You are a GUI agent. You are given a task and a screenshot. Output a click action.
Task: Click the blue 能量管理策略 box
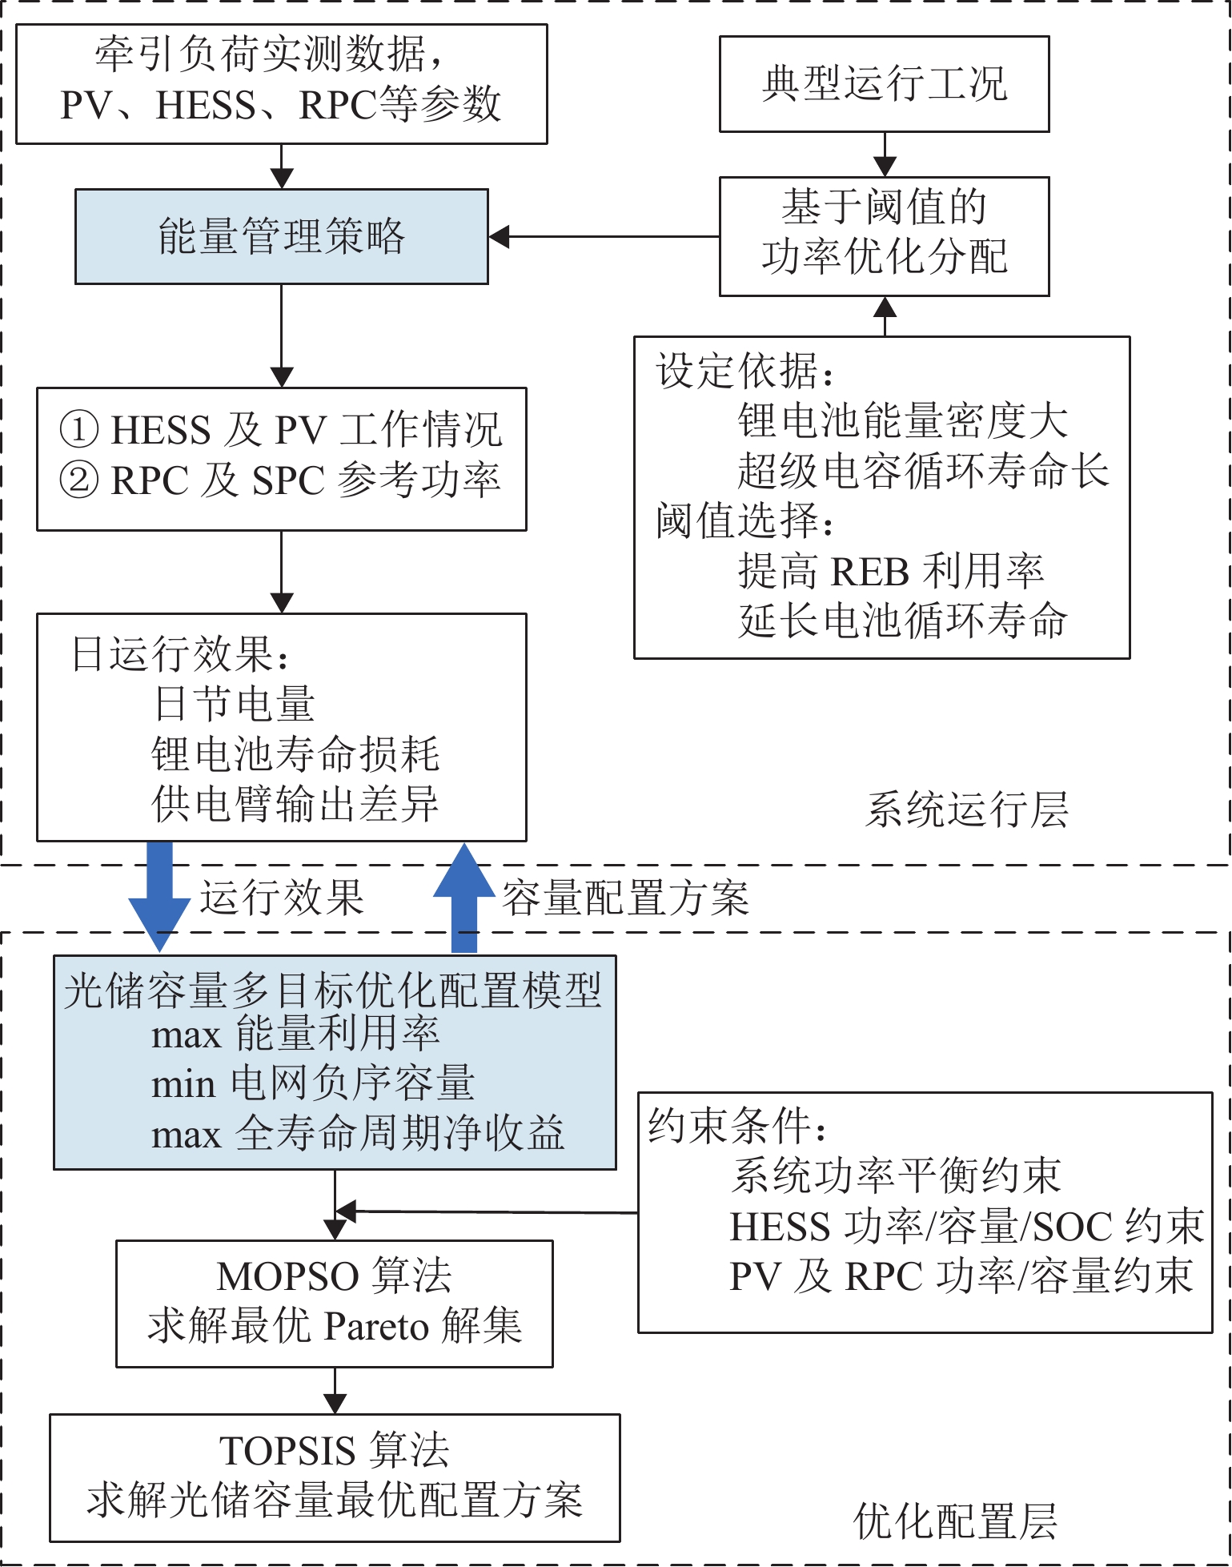pyautogui.click(x=282, y=237)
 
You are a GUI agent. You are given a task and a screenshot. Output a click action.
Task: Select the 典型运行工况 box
pyautogui.click(x=884, y=84)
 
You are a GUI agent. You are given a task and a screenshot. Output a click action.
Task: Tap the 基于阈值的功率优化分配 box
pyautogui.click(x=884, y=237)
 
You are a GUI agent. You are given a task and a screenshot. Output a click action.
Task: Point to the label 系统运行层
pyautogui.click(x=967, y=810)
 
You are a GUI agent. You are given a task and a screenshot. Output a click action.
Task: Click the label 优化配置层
pyautogui.click(x=956, y=1521)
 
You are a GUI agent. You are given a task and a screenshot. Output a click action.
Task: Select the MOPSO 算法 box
pyautogui.click(x=335, y=1304)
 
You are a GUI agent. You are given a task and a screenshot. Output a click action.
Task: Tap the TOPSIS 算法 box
pyautogui.click(x=335, y=1477)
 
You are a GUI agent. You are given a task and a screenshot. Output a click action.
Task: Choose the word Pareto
pyautogui.click(x=376, y=1328)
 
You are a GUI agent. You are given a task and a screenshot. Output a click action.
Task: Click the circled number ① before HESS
pyautogui.click(x=79, y=429)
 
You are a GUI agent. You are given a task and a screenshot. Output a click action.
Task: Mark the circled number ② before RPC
pyautogui.click(x=79, y=480)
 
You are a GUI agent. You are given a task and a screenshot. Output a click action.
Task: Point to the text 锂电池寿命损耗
pyautogui.click(x=295, y=754)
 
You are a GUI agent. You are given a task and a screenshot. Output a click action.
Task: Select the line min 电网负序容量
pyautogui.click(x=313, y=1084)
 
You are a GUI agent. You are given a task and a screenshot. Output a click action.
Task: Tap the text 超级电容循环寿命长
pyautogui.click(x=923, y=471)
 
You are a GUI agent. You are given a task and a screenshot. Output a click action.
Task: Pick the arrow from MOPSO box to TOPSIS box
pyautogui.click(x=335, y=1391)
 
